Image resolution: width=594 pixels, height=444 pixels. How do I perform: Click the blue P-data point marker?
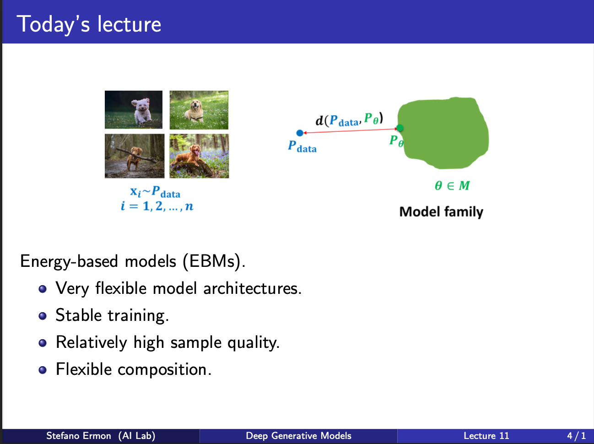pyautogui.click(x=300, y=133)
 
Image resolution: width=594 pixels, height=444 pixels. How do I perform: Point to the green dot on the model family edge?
pyautogui.click(x=400, y=128)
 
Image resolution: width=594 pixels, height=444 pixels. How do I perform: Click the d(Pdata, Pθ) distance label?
pyautogui.click(x=349, y=119)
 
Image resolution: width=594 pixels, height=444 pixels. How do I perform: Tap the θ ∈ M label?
pyautogui.click(x=452, y=185)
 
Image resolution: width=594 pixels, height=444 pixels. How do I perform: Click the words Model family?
pyautogui.click(x=441, y=211)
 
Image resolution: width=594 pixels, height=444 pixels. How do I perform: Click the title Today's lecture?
pyautogui.click(x=89, y=24)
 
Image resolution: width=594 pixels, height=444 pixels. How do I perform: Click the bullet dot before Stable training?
pyautogui.click(x=43, y=316)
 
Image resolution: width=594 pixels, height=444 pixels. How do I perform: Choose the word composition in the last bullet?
pyautogui.click(x=164, y=369)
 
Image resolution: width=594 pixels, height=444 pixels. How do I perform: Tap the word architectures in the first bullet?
pyautogui.click(x=252, y=288)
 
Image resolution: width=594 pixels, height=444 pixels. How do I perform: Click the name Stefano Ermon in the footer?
pyautogui.click(x=78, y=436)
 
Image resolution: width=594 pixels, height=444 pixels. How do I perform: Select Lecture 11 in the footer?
pyautogui.click(x=486, y=436)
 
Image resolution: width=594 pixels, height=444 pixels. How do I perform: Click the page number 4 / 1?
pyautogui.click(x=577, y=436)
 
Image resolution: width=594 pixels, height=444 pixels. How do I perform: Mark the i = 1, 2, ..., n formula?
pyautogui.click(x=157, y=206)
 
